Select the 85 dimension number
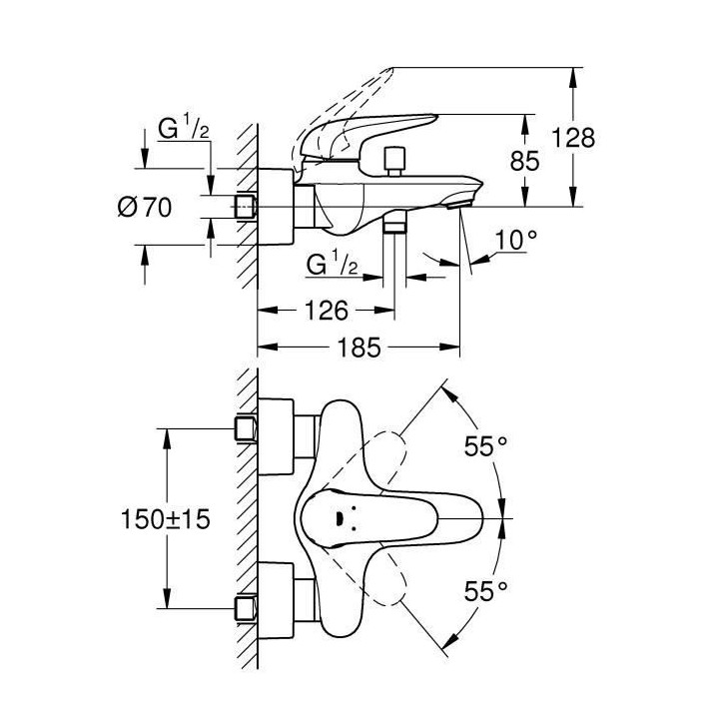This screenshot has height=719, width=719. point(525,160)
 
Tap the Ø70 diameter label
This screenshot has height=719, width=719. point(145,208)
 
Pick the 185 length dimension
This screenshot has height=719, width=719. point(360,349)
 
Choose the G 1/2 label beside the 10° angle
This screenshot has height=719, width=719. point(334,266)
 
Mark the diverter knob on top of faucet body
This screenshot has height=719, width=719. point(392,160)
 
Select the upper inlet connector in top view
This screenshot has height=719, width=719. point(246,429)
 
